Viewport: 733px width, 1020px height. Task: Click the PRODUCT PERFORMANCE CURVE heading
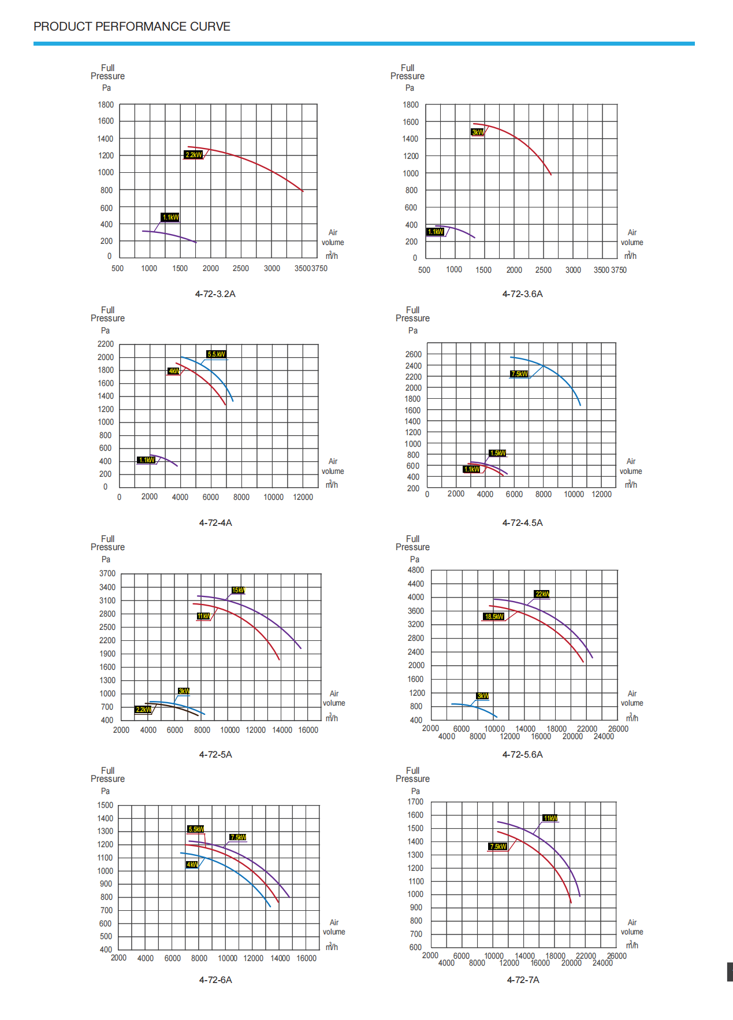[132, 27]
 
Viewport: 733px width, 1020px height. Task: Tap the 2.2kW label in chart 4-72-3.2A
[194, 155]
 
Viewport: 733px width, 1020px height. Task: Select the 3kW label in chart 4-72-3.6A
[478, 132]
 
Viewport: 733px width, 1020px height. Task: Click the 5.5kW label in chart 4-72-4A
[216, 354]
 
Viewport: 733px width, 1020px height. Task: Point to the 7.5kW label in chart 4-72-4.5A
[519, 374]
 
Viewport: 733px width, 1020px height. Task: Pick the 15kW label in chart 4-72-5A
[238, 590]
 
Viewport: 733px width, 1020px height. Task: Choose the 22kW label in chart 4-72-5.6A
[542, 594]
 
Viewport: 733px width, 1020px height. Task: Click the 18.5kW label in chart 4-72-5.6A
[494, 617]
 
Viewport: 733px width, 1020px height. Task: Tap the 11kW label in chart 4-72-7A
[550, 818]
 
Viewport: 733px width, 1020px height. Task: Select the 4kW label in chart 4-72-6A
[192, 865]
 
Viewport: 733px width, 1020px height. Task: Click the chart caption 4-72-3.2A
[215, 294]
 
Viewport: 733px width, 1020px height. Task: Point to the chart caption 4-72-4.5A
[522, 523]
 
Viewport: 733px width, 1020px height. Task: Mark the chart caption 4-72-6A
[215, 980]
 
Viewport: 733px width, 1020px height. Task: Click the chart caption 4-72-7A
[523, 980]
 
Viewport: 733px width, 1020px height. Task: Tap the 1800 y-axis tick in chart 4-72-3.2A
[106, 105]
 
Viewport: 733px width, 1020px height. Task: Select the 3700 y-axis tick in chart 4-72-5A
[107, 574]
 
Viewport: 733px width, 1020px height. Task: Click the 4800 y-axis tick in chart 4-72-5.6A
[415, 570]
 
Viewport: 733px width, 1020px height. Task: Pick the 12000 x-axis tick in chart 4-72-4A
[303, 497]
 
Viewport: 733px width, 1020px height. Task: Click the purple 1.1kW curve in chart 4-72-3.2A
[173, 235]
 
